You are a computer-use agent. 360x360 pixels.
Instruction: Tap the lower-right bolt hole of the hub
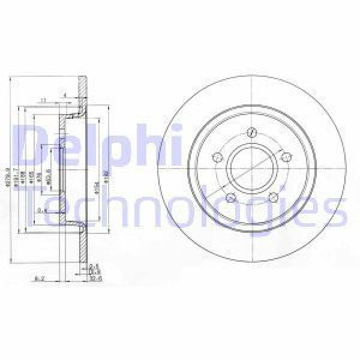pos(273,199)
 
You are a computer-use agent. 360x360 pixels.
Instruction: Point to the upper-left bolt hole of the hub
pos(218,158)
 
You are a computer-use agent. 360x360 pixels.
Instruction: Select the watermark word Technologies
pos(186,207)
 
